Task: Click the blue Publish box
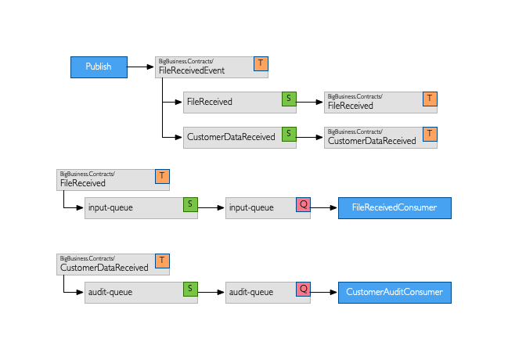(99, 67)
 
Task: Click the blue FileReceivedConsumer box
(395, 208)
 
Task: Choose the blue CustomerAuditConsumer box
(395, 293)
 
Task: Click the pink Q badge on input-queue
(303, 205)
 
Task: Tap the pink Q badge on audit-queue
(303, 290)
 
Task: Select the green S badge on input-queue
(189, 205)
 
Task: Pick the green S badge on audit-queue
(189, 290)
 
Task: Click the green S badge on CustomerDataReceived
(289, 134)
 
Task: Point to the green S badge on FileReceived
(289, 99)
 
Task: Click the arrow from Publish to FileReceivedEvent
(140, 67)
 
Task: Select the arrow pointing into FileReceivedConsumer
(324, 208)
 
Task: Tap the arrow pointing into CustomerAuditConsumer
(324, 293)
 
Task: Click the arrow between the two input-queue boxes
(211, 208)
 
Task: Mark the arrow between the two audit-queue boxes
(211, 293)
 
